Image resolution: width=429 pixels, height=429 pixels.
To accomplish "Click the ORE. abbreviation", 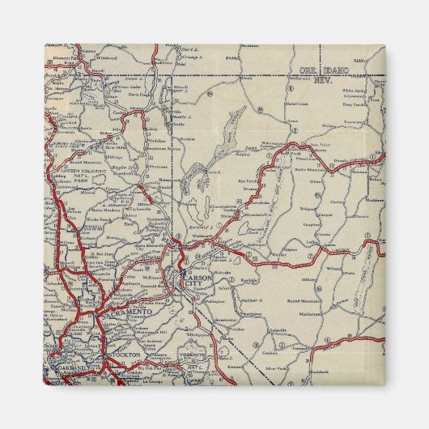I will [306, 70].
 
